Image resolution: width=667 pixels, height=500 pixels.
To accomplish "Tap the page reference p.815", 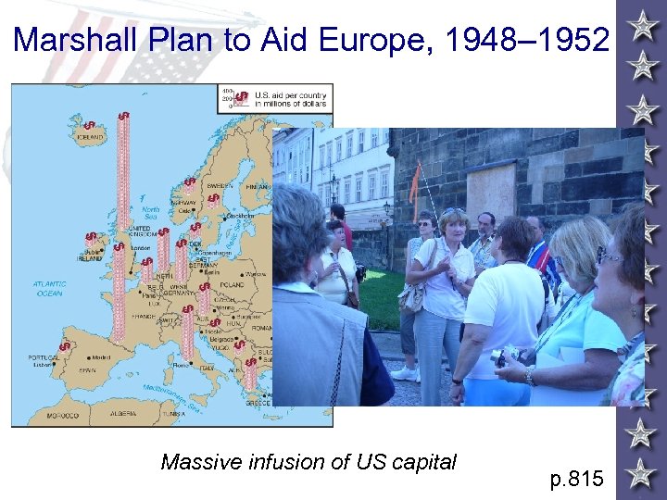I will (x=577, y=479).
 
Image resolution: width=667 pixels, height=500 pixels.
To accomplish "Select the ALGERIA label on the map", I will (x=126, y=415).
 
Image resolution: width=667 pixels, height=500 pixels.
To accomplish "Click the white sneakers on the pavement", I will (x=405, y=374).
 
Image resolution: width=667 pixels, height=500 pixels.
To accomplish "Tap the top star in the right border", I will (x=641, y=25).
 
